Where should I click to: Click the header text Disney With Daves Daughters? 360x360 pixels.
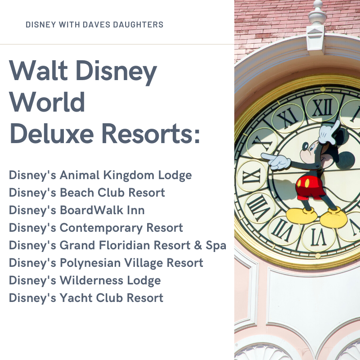(94, 25)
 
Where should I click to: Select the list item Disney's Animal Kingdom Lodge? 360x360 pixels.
(100, 175)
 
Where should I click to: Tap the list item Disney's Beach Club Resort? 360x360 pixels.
(87, 193)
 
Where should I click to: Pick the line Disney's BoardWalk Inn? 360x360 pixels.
(76, 210)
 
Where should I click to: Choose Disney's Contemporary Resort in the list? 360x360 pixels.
(96, 228)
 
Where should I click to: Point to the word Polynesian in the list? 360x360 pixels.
(90, 263)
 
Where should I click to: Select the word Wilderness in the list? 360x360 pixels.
(91, 280)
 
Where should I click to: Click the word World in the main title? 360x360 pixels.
(47, 102)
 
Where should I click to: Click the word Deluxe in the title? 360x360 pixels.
(52, 133)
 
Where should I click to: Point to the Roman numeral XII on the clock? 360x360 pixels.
(322, 108)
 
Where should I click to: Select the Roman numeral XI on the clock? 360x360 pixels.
(288, 117)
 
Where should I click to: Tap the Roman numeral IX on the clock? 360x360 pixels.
(252, 175)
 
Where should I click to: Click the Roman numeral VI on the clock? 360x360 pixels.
(319, 237)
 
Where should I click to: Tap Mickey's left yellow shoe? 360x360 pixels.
(301, 215)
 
